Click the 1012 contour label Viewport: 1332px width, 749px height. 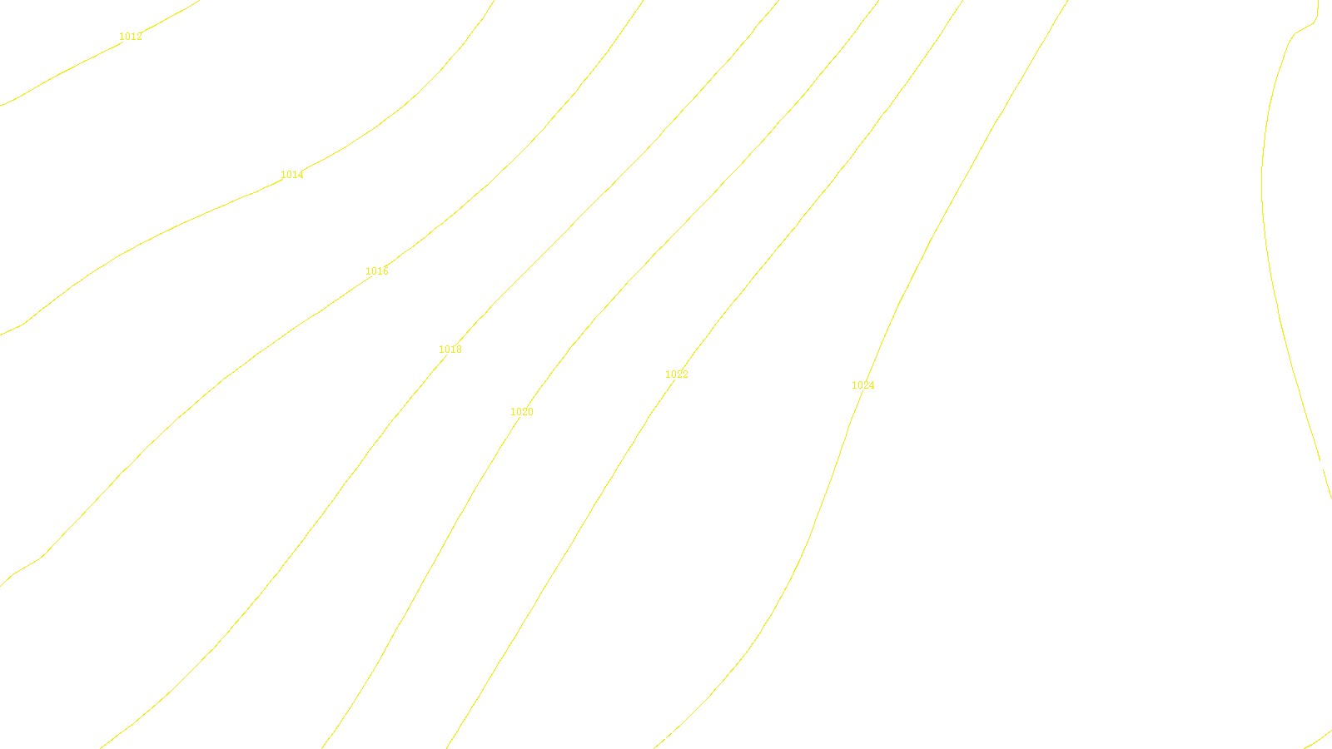click(x=131, y=37)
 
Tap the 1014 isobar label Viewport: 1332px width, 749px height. click(x=292, y=175)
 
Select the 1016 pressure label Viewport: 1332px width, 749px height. click(x=377, y=271)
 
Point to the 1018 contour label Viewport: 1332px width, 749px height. click(x=450, y=350)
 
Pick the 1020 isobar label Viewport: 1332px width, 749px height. click(x=522, y=412)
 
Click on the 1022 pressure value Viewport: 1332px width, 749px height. click(x=677, y=374)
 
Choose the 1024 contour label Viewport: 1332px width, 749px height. click(x=863, y=385)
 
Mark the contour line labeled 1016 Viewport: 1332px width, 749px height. click(x=250, y=358)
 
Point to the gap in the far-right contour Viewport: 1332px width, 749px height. click(x=1321, y=464)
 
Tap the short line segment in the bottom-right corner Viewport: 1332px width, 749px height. click(x=1320, y=740)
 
